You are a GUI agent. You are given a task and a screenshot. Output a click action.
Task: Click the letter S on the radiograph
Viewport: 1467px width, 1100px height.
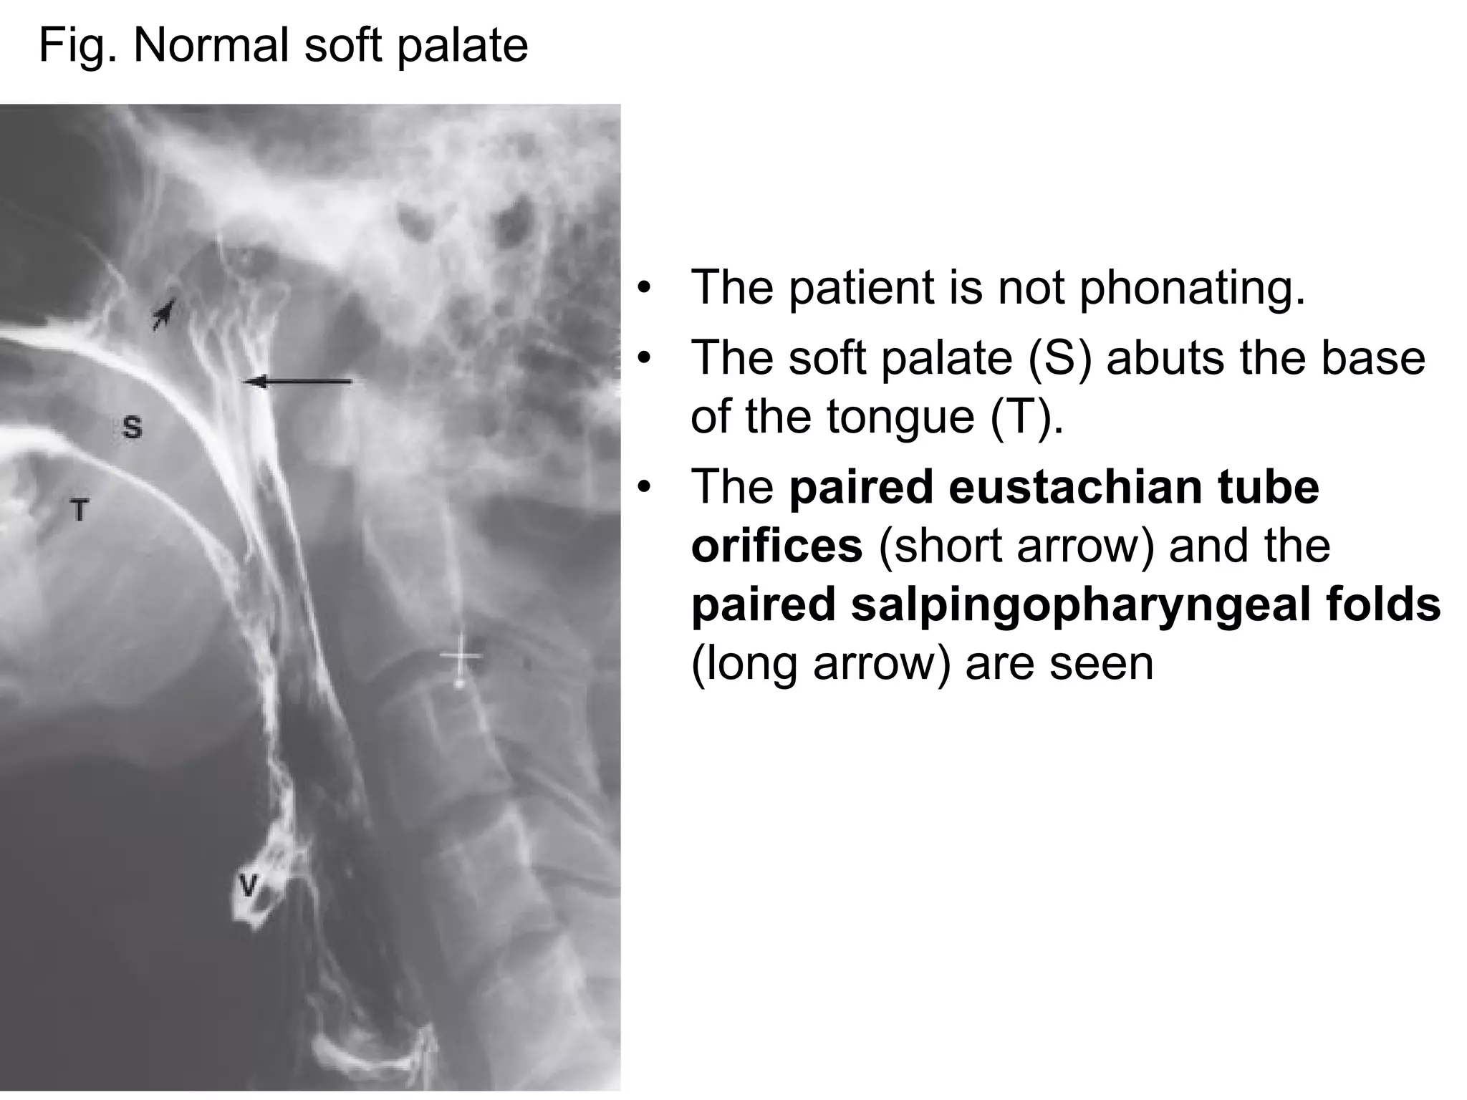pyautogui.click(x=133, y=428)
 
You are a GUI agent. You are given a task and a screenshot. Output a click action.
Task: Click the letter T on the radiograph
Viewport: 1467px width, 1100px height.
pyautogui.click(x=79, y=511)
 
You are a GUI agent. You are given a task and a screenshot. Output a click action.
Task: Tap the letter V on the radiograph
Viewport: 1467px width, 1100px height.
pyautogui.click(x=248, y=886)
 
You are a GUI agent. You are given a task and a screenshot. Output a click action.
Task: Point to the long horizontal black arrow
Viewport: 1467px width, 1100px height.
pyautogui.click(x=297, y=382)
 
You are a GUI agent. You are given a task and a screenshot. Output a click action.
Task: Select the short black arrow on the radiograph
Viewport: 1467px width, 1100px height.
pyautogui.click(x=164, y=314)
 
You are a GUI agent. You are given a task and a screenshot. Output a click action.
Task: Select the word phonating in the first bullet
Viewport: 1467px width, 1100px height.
pyautogui.click(x=1192, y=288)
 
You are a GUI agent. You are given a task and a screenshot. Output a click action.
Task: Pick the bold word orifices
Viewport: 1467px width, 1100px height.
pyautogui.click(x=776, y=546)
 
